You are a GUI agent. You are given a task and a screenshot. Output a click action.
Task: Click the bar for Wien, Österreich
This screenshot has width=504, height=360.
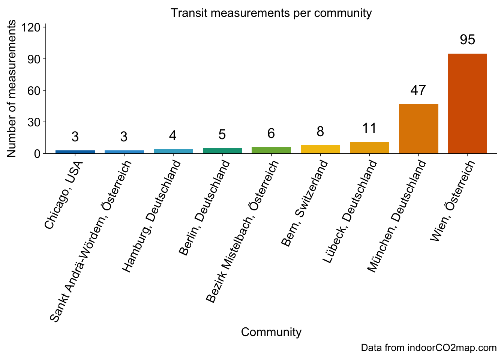click(467, 103)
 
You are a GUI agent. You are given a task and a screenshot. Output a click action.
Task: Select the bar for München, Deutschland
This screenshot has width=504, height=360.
click(418, 129)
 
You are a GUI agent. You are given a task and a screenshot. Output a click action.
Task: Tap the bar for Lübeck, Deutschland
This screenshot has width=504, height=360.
click(369, 148)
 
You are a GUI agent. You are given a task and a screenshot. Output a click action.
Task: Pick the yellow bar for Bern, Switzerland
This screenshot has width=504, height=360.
click(320, 149)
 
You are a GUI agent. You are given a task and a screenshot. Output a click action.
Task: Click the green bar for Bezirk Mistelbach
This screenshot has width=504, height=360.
click(271, 150)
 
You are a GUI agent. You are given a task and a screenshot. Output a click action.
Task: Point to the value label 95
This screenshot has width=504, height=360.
click(467, 40)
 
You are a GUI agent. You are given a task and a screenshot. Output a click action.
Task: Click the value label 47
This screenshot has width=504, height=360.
click(418, 90)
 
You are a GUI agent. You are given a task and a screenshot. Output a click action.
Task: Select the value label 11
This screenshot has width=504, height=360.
click(369, 128)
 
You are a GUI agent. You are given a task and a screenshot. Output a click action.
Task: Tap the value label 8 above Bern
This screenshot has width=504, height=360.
click(320, 131)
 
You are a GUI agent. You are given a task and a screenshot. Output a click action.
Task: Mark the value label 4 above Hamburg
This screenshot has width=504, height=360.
click(173, 135)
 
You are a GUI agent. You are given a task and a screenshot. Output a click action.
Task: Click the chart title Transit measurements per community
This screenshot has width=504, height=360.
click(271, 13)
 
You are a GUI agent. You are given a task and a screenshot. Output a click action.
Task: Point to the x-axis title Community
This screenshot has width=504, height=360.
click(271, 332)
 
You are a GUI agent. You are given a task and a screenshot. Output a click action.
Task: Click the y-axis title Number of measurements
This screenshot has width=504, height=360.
click(12, 89)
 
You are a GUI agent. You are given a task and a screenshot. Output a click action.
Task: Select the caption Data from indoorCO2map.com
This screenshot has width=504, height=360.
click(429, 348)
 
